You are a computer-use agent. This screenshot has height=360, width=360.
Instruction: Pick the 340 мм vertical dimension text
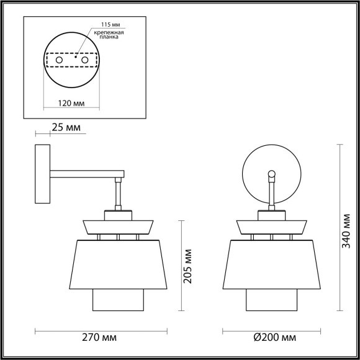click(349, 228)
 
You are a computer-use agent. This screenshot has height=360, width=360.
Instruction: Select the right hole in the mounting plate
click(84, 60)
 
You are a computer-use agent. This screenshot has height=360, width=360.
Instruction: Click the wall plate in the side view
click(42, 175)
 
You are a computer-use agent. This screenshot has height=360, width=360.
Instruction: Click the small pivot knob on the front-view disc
click(271, 174)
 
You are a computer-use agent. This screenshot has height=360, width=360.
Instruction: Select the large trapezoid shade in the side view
click(118, 264)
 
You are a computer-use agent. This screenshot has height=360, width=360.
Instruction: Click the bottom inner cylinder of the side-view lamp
click(118, 300)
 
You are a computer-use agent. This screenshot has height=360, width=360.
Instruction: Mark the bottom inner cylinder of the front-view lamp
click(271, 300)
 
